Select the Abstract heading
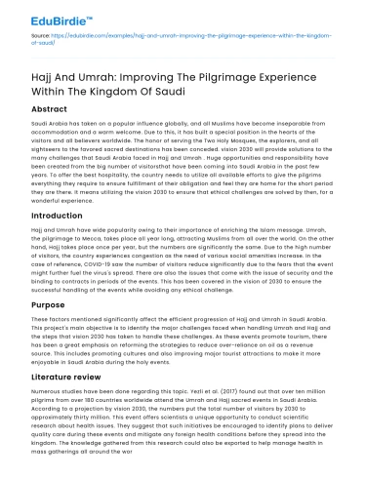tap(50, 109)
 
